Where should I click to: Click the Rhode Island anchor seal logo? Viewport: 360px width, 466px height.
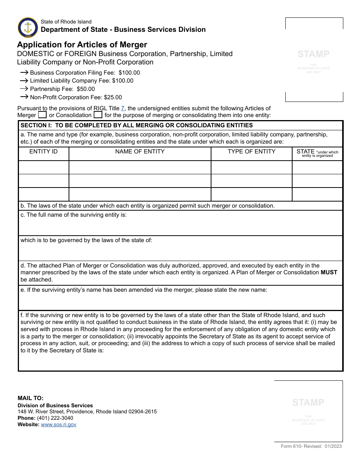(x=28, y=27)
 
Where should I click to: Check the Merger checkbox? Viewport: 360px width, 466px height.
(x=42, y=115)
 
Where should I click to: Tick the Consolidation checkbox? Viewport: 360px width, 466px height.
(x=98, y=115)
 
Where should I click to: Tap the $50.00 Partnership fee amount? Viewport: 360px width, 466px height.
(x=86, y=89)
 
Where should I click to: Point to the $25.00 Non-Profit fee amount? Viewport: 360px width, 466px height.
(x=113, y=97)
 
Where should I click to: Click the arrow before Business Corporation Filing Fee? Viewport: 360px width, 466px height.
(x=24, y=72)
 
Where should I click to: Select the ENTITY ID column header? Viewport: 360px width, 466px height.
(x=44, y=152)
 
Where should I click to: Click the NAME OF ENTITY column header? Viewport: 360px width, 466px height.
(x=140, y=152)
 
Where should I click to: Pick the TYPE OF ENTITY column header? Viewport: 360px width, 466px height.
(x=251, y=152)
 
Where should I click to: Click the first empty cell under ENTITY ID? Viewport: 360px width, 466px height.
(x=44, y=167)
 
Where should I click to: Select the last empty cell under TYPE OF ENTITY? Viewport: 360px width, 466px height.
(x=251, y=194)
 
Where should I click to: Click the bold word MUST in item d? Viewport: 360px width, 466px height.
(x=329, y=272)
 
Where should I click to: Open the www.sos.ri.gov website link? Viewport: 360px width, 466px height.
(x=59, y=425)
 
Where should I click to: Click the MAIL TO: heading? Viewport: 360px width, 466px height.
(x=30, y=398)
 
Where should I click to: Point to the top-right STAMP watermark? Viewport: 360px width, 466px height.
(x=313, y=54)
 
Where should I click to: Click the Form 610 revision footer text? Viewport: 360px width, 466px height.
(x=311, y=446)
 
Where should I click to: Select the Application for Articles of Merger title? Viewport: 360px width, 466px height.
(x=82, y=45)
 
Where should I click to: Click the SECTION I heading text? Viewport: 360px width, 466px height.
(x=136, y=125)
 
